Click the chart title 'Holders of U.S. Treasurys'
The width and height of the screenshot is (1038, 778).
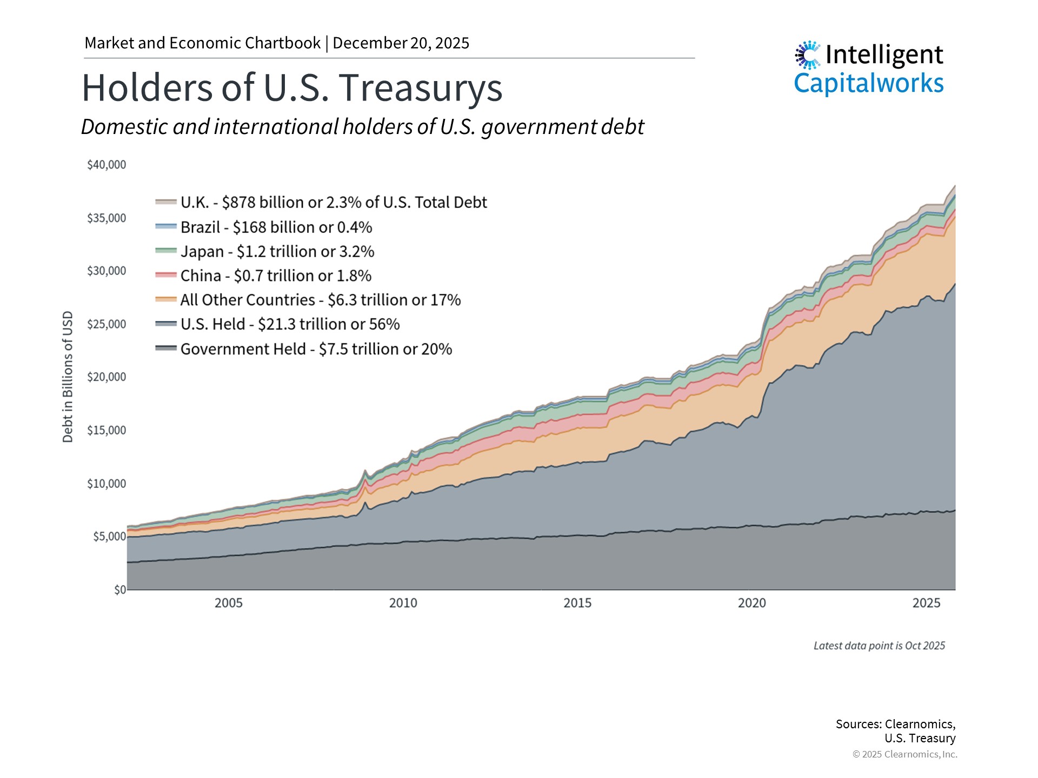(x=292, y=88)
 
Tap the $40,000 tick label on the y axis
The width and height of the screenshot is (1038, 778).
(x=107, y=165)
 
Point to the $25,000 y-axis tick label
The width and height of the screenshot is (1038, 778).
(x=107, y=324)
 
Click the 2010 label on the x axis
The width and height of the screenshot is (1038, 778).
(x=403, y=603)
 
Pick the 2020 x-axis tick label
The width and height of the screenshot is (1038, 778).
(x=751, y=603)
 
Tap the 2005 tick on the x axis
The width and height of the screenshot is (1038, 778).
(x=228, y=603)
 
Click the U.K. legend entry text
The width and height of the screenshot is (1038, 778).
(x=334, y=203)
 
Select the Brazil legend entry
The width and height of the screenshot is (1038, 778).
(x=276, y=227)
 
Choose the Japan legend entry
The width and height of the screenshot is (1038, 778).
(x=277, y=252)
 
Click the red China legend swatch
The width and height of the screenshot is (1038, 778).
(x=166, y=275)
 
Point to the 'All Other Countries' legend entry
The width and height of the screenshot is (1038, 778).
(x=320, y=300)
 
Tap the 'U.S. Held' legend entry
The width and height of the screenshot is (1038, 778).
(x=290, y=324)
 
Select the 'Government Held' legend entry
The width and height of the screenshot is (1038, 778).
(x=316, y=349)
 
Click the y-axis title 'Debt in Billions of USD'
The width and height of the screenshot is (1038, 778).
(x=68, y=377)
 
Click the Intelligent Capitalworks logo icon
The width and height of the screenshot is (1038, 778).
(x=808, y=55)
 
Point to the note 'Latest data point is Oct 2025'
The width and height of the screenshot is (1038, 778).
(x=879, y=646)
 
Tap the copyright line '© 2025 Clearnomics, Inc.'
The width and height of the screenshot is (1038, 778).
(x=904, y=754)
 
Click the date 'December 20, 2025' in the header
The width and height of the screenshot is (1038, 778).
(x=401, y=43)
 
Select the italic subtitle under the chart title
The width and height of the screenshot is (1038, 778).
(x=362, y=127)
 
